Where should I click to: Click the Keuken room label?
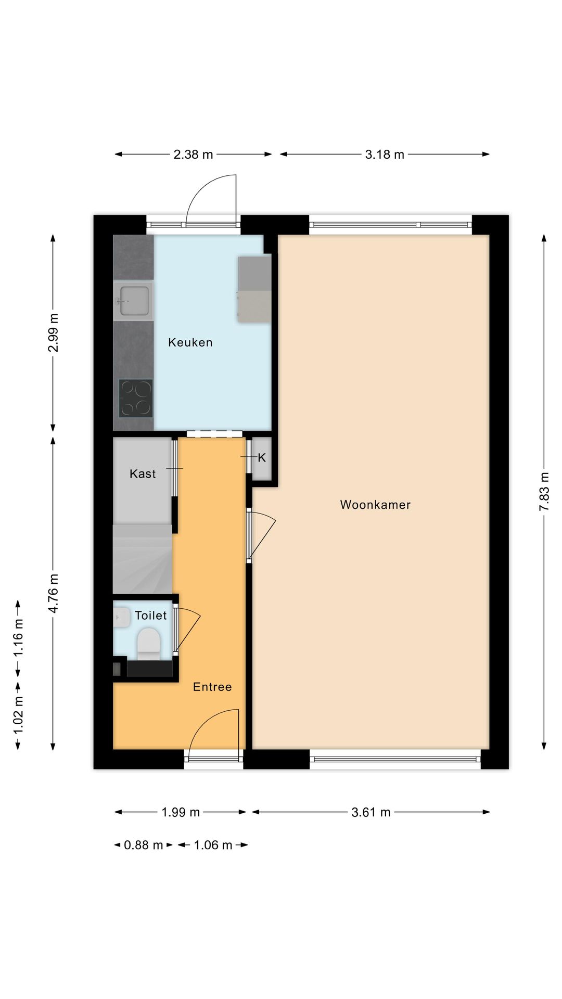(190, 342)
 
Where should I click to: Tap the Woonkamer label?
(375, 505)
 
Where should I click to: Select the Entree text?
(212, 687)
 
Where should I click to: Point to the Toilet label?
(150, 616)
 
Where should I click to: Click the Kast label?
(143, 473)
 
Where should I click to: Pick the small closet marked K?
(262, 458)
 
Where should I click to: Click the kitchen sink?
(133, 301)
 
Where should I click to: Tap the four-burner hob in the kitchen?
(135, 398)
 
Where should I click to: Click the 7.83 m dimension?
(544, 492)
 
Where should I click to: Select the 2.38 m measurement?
(193, 155)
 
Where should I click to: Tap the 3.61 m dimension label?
(371, 812)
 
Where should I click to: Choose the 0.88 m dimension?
(143, 845)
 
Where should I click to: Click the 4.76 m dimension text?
(53, 593)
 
